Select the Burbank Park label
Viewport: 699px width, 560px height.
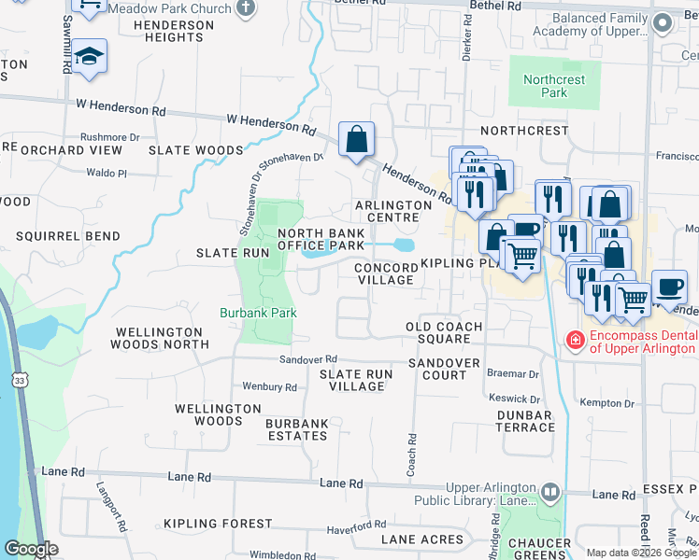[x=258, y=313]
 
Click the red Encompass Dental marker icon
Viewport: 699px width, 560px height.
[x=575, y=341]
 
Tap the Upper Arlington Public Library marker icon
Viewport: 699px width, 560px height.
[x=551, y=491]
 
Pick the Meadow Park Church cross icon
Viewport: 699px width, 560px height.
[x=246, y=8]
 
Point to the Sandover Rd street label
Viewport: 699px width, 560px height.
[x=307, y=359]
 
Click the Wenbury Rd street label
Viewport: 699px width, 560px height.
[x=269, y=386]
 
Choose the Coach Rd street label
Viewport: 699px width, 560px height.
[x=410, y=455]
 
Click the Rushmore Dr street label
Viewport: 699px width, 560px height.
[x=110, y=136]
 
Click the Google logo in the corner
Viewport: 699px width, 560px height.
[x=31, y=549]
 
